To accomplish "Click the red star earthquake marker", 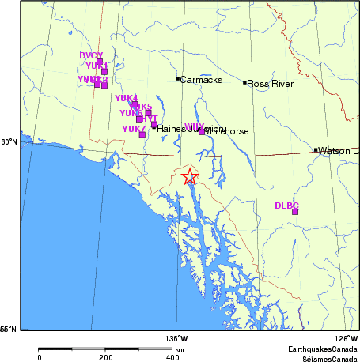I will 189,176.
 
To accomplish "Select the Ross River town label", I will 271,83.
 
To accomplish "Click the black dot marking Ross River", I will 244,81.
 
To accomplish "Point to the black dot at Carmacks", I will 177,78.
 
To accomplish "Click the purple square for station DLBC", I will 295,212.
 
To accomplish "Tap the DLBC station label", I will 286,206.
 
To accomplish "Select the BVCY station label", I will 92,55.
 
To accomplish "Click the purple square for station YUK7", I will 142,134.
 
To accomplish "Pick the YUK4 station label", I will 126,98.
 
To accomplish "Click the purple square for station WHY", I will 201,131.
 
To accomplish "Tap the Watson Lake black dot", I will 316,150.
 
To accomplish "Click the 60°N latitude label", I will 9,142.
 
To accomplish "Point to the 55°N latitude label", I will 9,330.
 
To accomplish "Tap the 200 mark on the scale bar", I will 106,357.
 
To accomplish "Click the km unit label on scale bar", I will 180,349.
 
